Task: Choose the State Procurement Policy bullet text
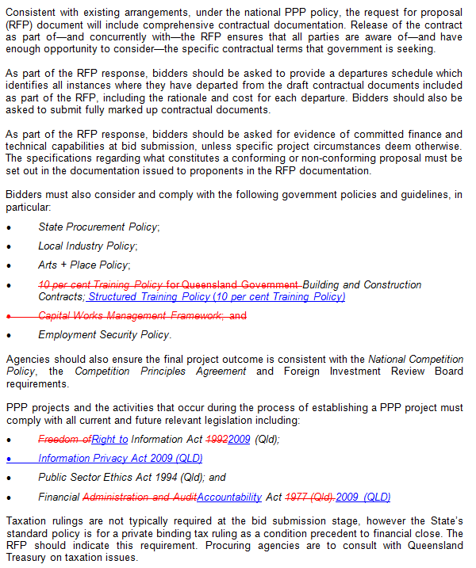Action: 98,227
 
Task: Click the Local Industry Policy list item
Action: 87,246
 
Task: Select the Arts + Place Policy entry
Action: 83,265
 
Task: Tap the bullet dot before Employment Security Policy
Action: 9,335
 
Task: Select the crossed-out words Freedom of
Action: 64,439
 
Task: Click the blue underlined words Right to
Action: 110,439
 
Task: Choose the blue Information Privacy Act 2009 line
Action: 120,458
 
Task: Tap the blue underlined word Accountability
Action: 229,497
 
